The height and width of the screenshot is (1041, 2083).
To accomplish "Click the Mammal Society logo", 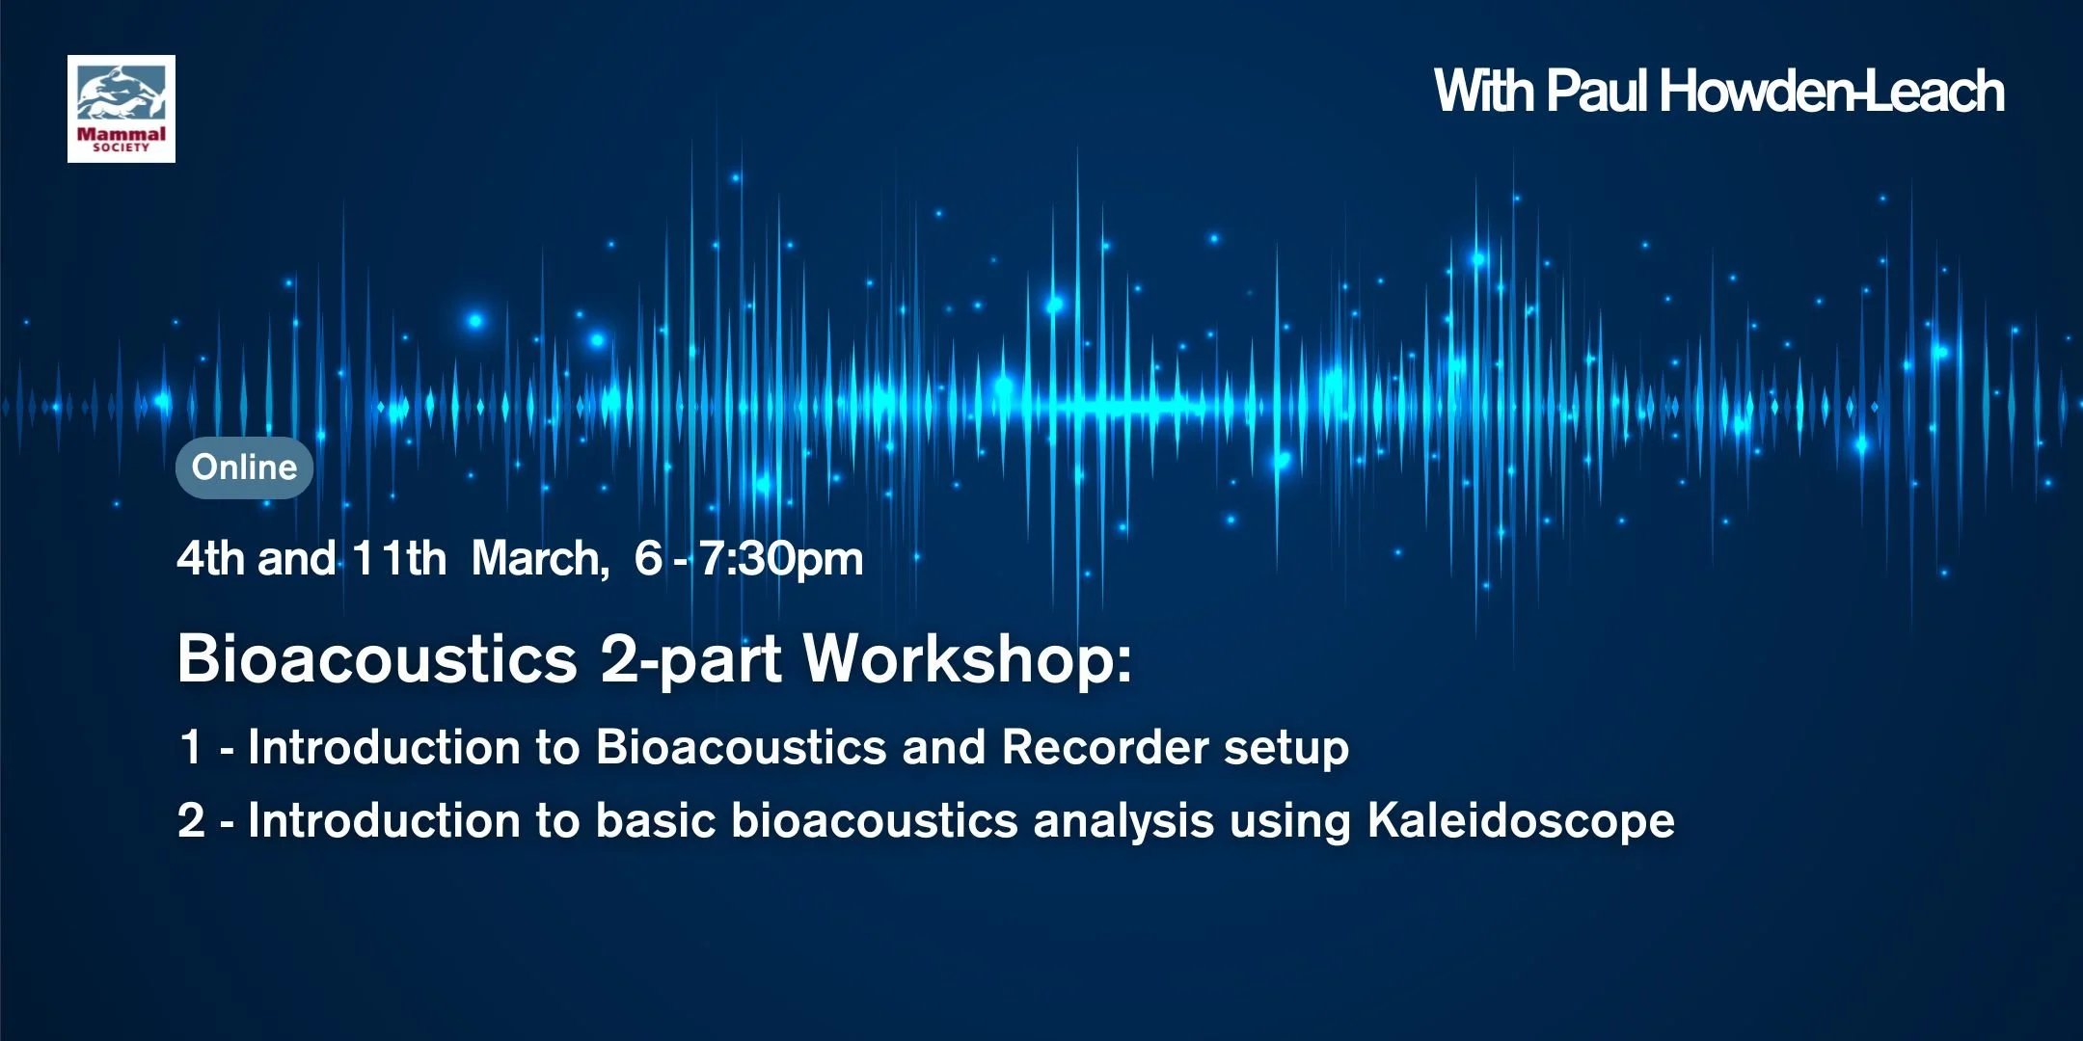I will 122,109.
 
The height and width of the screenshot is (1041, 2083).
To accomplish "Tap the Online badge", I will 244,467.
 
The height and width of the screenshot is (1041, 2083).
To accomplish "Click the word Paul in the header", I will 1596,92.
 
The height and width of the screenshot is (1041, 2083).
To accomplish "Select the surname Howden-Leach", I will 1831,92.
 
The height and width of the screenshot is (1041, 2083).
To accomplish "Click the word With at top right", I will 1484,92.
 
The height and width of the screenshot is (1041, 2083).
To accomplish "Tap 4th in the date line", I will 210,559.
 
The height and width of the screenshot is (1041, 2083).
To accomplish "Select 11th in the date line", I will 398,559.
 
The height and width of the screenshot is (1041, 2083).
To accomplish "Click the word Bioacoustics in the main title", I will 377,660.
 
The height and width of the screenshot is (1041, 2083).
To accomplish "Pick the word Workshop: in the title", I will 967,660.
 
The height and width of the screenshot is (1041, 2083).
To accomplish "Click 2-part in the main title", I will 690,660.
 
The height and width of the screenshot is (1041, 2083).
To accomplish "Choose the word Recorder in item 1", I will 1105,747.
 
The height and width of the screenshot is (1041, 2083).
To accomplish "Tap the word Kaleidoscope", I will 1521,821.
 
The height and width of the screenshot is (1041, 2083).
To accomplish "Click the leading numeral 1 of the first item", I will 191,747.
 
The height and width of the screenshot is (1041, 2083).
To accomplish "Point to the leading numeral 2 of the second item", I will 191,821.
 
